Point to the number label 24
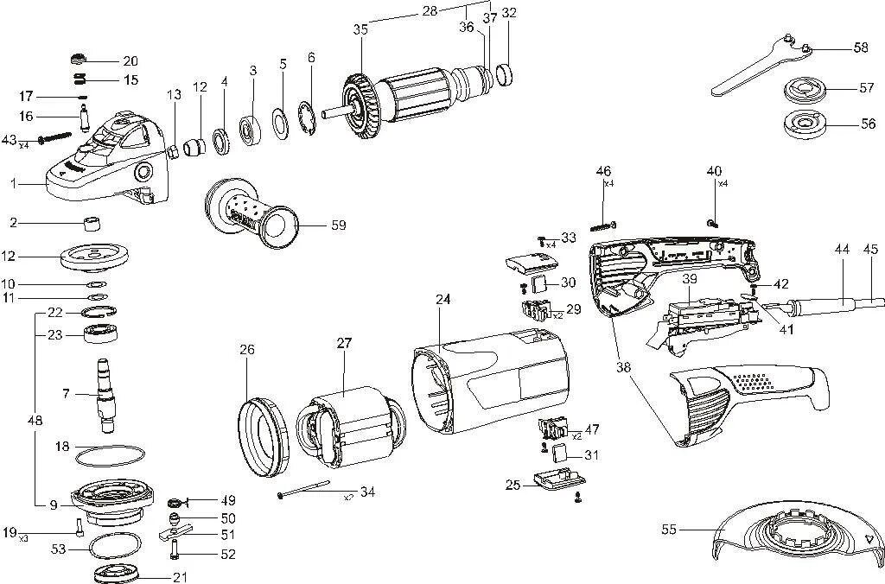[x=443, y=300]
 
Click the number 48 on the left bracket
[x=35, y=421]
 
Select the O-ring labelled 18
[x=110, y=455]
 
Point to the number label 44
[x=842, y=249]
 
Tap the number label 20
[x=131, y=61]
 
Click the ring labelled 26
[x=263, y=437]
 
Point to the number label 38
[x=623, y=366]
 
